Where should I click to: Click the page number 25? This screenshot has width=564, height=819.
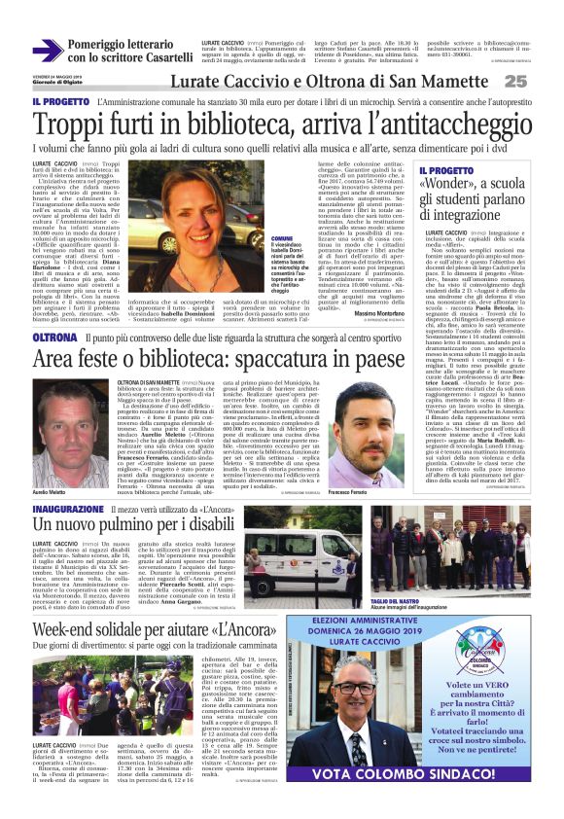click(x=542, y=83)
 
